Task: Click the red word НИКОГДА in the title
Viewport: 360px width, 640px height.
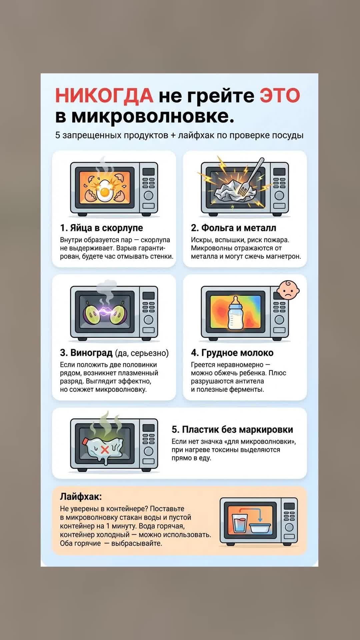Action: pos(104,95)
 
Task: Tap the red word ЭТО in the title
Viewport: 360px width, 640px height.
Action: pos(280,95)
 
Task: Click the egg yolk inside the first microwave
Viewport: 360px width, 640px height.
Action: pos(105,192)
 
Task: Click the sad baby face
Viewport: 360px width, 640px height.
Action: pos(288,290)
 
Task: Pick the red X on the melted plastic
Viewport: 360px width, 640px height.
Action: pos(105,450)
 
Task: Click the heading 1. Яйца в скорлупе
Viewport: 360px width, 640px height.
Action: pos(101,228)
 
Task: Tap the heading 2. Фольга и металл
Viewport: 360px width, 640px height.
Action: pos(233,228)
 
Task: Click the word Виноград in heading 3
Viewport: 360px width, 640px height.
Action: pos(91,353)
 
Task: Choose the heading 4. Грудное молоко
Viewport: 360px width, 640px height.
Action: pos(232,353)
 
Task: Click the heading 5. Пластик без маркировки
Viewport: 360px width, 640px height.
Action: pos(232,430)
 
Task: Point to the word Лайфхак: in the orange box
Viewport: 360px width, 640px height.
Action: pos(81,497)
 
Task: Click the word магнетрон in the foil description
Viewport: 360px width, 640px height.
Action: pos(284,257)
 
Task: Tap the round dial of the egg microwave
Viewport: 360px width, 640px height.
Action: pos(148,196)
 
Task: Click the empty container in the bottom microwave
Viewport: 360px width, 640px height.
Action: pos(260,528)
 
